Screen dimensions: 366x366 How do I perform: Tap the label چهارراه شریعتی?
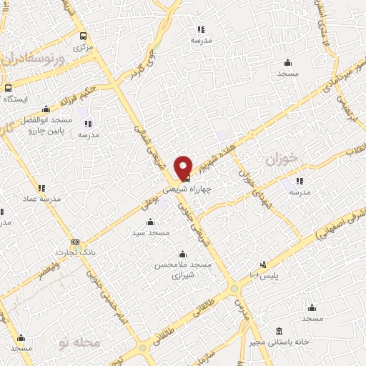[x=188, y=190]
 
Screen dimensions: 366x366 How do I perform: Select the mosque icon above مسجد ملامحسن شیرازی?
[x=182, y=254]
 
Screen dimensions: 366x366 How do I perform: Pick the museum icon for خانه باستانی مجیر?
[x=279, y=331]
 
